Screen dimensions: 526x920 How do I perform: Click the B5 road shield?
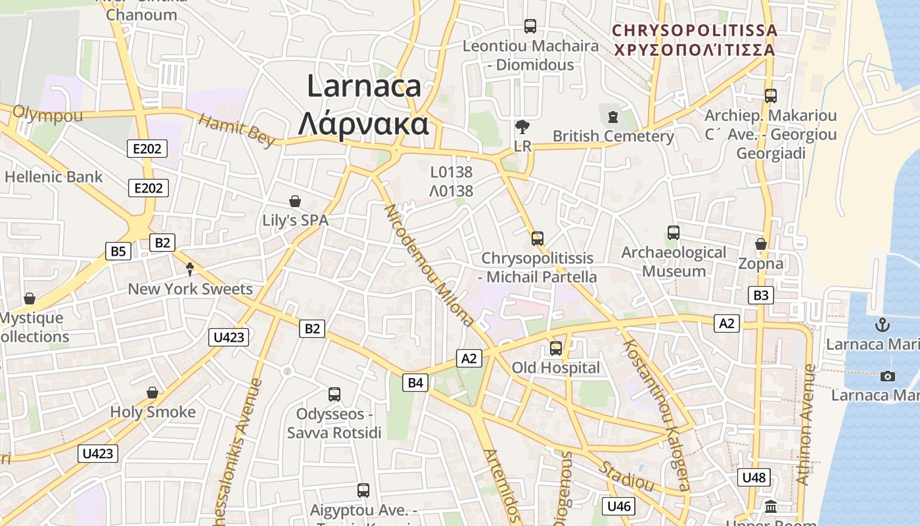118,251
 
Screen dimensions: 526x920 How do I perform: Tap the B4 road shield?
416,382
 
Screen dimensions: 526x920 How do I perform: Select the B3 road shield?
760,295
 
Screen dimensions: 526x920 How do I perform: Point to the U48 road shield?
753,477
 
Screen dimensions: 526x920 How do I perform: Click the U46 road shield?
619,506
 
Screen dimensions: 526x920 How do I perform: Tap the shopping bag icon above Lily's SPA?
295,201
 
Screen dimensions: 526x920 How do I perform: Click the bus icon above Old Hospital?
556,348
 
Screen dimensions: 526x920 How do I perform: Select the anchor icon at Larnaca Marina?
883,325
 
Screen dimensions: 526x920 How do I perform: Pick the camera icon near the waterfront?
888,376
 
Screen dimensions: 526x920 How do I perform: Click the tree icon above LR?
522,127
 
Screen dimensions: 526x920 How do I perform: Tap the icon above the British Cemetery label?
613,117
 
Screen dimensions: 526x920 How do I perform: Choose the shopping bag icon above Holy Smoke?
152,393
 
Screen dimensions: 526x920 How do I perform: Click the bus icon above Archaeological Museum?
674,233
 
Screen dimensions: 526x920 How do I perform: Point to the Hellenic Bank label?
54,177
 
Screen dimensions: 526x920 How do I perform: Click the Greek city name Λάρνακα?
363,124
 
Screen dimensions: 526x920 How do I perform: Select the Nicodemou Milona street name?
428,266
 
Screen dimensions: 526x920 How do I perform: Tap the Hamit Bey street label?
237,130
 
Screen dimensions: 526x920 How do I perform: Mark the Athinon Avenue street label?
806,425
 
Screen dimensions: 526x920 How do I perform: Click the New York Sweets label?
190,289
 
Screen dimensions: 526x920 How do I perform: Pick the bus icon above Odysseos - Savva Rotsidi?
334,394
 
